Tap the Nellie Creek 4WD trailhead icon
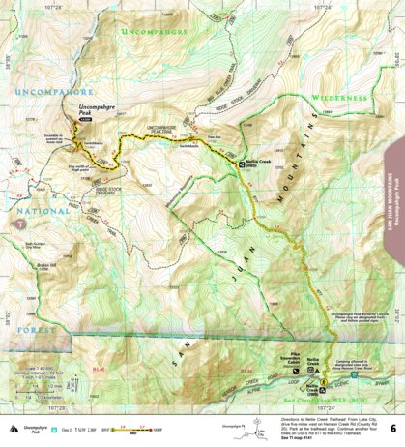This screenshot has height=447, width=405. click(x=246, y=165)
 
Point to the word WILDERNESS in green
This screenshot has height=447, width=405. click(x=339, y=98)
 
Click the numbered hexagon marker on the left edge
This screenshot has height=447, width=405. click(x=17, y=224)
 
